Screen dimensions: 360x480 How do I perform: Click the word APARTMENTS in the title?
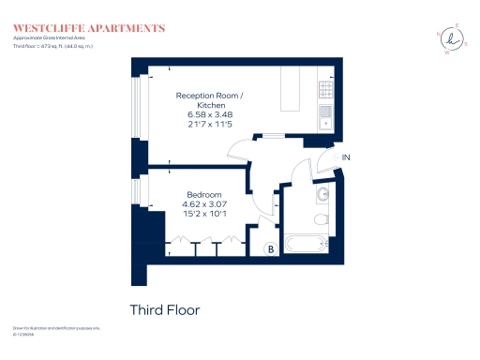pyautogui.click(x=128, y=28)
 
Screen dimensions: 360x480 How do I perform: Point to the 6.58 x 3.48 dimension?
pyautogui.click(x=210, y=114)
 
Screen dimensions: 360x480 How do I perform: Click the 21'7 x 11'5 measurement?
pyautogui.click(x=210, y=124)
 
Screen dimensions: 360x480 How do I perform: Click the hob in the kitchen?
pyautogui.click(x=326, y=89)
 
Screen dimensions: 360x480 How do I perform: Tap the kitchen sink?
pyautogui.click(x=324, y=116)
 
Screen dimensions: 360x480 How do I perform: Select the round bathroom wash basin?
pyautogui.click(x=322, y=194)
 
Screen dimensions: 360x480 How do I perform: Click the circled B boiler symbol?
pyautogui.click(x=270, y=249)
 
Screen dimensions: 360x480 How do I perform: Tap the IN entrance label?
pyautogui.click(x=347, y=157)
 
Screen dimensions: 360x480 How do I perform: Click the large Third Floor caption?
pyautogui.click(x=164, y=309)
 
